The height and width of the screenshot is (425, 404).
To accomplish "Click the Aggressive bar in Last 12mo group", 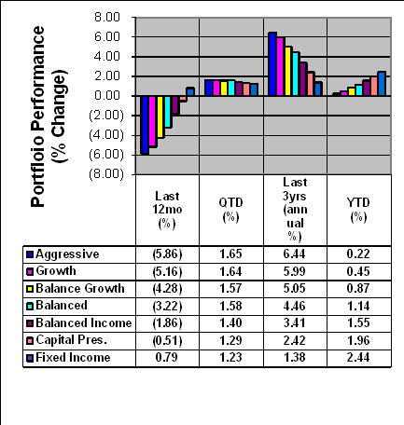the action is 145,125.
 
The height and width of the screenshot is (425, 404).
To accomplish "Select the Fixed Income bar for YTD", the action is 382,84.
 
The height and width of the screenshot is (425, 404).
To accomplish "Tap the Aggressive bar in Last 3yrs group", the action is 272,64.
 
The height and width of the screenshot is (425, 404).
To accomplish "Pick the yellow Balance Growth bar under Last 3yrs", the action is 288,71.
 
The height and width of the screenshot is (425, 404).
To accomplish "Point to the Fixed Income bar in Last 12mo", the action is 190,91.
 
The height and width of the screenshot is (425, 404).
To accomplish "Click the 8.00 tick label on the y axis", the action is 107,17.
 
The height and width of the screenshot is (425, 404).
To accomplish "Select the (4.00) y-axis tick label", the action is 106,135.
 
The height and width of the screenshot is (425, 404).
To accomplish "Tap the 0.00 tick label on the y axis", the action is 107,96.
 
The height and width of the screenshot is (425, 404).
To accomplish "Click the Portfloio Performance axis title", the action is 38,117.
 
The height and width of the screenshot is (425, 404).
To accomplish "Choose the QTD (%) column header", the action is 230,210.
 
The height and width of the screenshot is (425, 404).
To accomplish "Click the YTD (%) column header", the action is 358,210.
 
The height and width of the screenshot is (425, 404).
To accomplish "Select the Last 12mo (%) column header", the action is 167,210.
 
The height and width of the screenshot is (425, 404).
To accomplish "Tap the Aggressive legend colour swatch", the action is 30,254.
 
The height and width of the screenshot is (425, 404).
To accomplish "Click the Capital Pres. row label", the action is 72,340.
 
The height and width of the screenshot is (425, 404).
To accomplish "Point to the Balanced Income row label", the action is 84,322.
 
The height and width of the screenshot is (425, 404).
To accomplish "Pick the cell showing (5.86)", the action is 167,254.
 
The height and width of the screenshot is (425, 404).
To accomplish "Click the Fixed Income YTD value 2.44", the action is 358,357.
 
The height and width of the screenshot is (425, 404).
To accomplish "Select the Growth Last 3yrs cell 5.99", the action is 295,271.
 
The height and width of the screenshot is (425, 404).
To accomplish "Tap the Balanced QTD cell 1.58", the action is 230,306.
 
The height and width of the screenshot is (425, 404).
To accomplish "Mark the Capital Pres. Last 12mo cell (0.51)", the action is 167,340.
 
